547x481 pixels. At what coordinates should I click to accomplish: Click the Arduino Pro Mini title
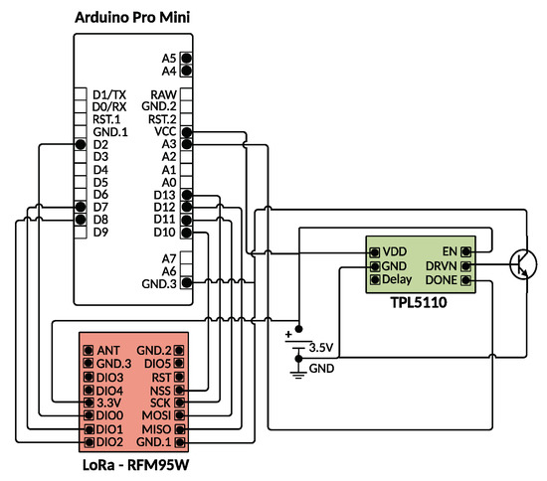[x=132, y=18]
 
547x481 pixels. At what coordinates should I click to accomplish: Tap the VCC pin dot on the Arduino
[x=187, y=132]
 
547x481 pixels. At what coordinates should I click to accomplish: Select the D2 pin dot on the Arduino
[x=81, y=144]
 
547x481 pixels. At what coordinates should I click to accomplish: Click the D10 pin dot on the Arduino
[x=187, y=233]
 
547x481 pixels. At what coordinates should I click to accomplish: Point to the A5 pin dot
[x=187, y=58]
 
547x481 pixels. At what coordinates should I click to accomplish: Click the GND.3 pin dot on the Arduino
[x=187, y=282]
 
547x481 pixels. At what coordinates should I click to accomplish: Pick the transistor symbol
[x=523, y=265]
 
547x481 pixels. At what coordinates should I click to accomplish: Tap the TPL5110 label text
[x=419, y=302]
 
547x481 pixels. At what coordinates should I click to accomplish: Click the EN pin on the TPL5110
[x=465, y=251]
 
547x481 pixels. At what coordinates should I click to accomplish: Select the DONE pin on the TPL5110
[x=465, y=280]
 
